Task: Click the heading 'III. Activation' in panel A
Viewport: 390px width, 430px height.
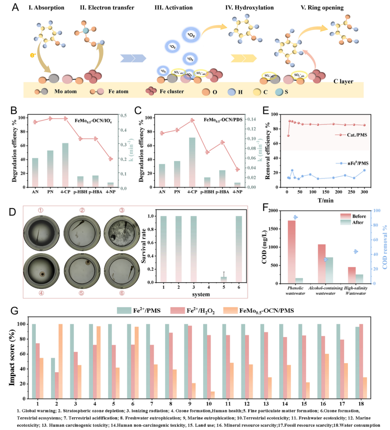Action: pos(173,7)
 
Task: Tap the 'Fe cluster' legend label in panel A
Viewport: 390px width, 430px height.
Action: pos(172,91)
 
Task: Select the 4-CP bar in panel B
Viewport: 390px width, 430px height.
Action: pos(65,165)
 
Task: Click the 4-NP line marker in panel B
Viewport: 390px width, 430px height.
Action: pos(111,159)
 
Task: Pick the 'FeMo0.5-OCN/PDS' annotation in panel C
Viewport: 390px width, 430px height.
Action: pos(223,120)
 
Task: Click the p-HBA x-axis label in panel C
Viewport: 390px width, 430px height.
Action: pos(222,192)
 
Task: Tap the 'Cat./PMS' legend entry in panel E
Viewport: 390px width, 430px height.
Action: pos(357,135)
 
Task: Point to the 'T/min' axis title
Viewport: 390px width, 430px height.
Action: pos(325,200)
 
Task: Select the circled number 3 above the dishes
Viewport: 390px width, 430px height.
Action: pos(122,210)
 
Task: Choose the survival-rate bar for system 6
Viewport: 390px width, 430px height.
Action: pos(239,249)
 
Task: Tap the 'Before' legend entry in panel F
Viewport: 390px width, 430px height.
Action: pos(359,216)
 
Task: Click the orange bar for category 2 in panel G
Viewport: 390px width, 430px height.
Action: pos(61,361)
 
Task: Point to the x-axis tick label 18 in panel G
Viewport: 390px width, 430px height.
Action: pos(361,404)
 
